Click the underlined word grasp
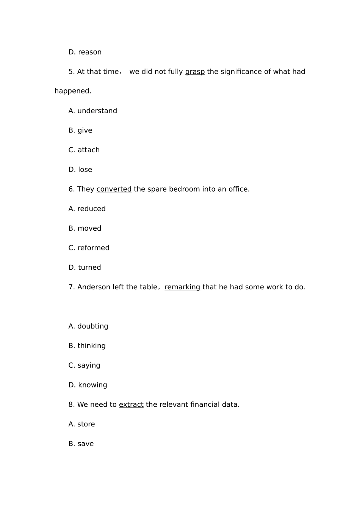click(195, 72)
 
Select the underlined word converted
click(114, 189)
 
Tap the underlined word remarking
click(182, 287)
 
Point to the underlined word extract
click(131, 404)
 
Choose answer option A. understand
click(92, 111)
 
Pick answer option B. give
click(80, 130)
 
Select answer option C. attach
click(84, 150)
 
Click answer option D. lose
click(80, 170)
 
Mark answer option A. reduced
click(87, 209)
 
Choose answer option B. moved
click(85, 228)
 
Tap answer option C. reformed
click(89, 248)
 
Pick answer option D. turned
click(85, 267)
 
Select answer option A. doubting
click(88, 326)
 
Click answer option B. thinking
click(87, 346)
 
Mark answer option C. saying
click(84, 365)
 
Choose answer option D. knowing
click(88, 385)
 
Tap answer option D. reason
click(85, 52)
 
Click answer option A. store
click(81, 424)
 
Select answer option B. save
click(81, 444)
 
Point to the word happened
click(73, 91)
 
